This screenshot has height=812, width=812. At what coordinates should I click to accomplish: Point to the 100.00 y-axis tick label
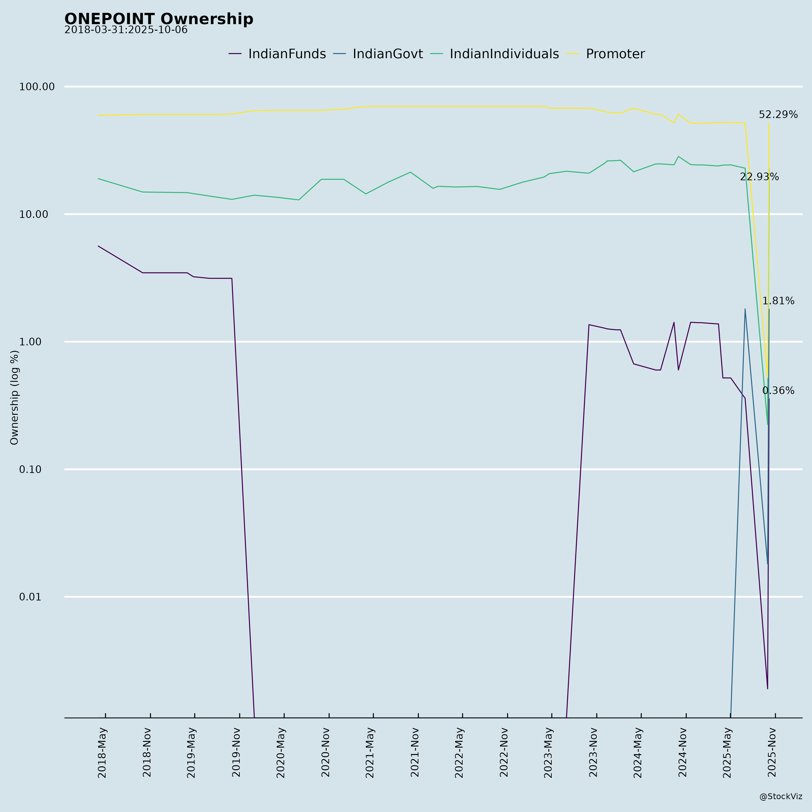[x=37, y=87]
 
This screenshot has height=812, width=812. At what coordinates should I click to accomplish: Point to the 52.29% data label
[x=778, y=115]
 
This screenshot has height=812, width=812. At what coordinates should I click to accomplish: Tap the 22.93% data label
[x=759, y=177]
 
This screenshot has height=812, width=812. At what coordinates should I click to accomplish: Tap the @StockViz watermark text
[x=780, y=796]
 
